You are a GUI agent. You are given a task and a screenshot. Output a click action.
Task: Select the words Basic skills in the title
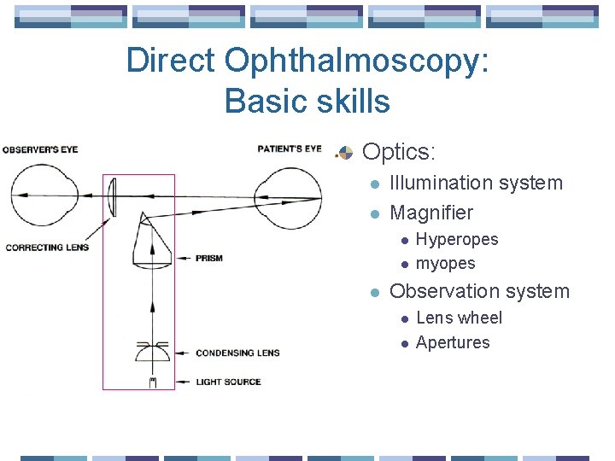[307, 102]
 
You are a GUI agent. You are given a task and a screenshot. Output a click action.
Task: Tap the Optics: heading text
[399, 152]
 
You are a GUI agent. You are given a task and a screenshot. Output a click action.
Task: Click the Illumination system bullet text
[476, 183]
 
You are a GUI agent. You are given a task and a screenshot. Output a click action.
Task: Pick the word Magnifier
[430, 213]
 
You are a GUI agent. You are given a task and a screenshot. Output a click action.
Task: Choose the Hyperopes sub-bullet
[456, 240]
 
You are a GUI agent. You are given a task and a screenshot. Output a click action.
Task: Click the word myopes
[445, 264]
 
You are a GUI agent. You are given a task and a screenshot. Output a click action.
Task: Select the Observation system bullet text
[478, 291]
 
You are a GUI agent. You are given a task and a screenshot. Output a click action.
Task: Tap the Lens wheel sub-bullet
[459, 318]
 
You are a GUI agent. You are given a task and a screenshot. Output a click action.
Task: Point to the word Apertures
[453, 342]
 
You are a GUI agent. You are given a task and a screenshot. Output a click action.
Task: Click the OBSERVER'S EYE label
[40, 149]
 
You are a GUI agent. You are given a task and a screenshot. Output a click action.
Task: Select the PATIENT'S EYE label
[290, 149]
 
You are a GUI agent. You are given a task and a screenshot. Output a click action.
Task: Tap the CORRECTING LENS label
[47, 248]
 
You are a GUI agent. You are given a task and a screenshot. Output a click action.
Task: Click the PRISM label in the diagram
[209, 258]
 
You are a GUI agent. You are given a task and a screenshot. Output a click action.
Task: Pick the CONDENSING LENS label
[237, 352]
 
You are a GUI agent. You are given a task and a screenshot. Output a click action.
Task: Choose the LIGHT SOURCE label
[228, 382]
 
